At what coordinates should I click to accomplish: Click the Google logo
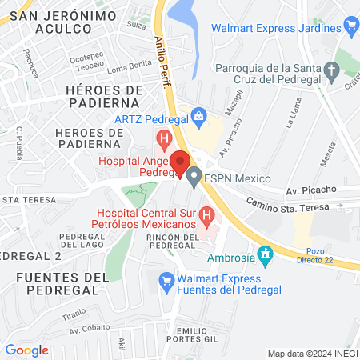(x=27, y=350)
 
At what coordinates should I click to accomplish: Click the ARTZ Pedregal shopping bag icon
(x=200, y=119)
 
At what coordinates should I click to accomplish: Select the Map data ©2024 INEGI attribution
(x=310, y=353)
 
